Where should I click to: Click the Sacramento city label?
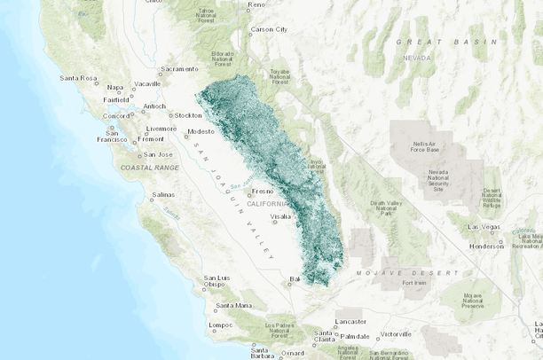point(180,69)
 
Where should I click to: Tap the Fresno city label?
point(262,191)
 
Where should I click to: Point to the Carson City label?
point(269,29)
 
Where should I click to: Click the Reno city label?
point(257,4)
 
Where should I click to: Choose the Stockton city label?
point(189,115)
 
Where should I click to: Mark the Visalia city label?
point(281,216)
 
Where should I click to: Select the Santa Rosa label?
point(77,78)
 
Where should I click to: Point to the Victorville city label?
point(396,334)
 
